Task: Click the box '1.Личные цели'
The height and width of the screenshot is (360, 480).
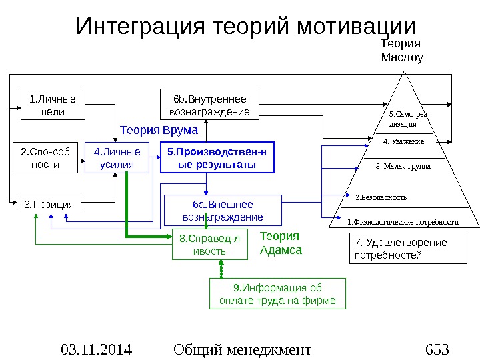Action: click(x=53, y=105)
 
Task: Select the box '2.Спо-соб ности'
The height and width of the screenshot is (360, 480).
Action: click(x=45, y=157)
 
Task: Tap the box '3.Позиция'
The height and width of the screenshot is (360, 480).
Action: click(x=48, y=203)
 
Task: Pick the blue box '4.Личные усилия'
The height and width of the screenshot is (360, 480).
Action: click(x=116, y=157)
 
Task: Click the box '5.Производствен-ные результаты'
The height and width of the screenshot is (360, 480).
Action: click(x=217, y=157)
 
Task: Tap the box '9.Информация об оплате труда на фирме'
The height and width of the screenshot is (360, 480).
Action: click(x=278, y=295)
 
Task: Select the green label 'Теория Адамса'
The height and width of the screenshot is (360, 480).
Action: click(x=280, y=243)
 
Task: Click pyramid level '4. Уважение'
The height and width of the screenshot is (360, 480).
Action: click(x=404, y=141)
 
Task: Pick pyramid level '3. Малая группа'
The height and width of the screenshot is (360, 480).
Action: click(x=403, y=165)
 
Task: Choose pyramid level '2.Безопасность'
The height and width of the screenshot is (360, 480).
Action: click(x=380, y=197)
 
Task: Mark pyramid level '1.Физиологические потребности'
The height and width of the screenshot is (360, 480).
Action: click(x=403, y=221)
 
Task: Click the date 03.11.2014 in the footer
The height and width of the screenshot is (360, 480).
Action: click(x=96, y=349)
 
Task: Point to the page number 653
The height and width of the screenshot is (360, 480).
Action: click(x=437, y=349)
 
